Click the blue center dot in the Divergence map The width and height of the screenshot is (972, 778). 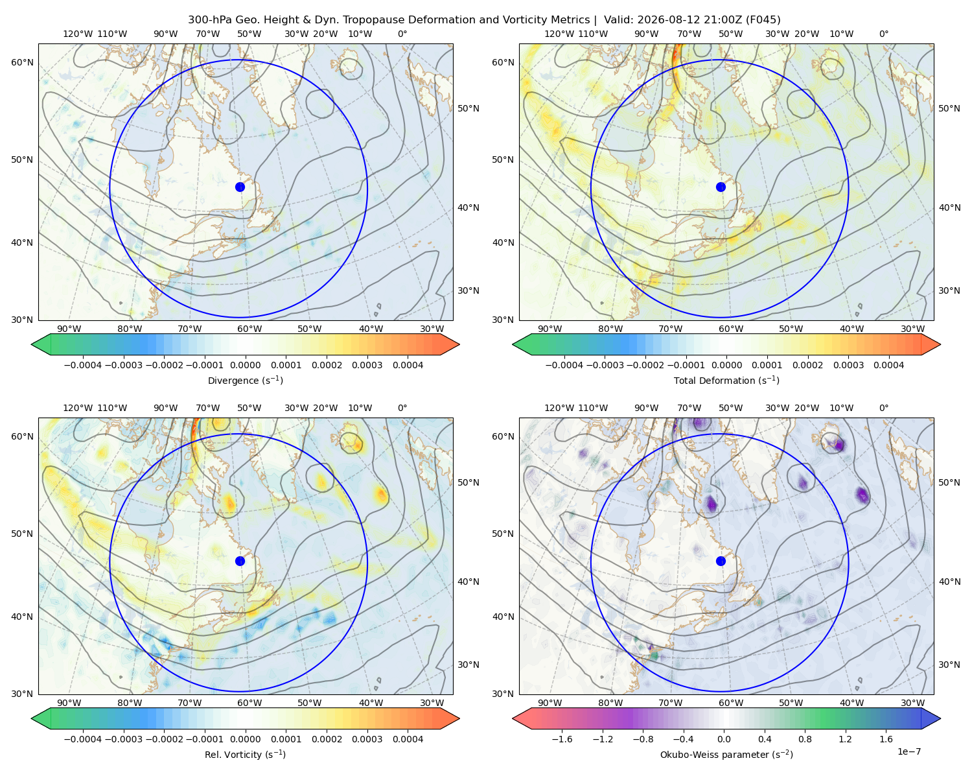coord(240,187)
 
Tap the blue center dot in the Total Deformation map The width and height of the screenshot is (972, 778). coord(721,187)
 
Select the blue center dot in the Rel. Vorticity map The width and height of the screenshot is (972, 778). coord(240,561)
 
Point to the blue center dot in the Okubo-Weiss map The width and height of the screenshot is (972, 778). coord(721,561)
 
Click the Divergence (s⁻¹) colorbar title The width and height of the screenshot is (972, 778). coord(245,380)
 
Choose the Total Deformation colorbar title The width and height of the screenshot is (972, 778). coord(726,380)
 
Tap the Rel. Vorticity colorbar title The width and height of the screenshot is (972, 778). coord(245,754)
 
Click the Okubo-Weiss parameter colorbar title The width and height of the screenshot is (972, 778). coord(726,754)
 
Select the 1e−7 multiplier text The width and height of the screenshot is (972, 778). coord(908,751)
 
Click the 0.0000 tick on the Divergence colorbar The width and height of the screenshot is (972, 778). coord(245,365)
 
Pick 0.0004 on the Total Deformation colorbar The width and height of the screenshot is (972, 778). coord(888,365)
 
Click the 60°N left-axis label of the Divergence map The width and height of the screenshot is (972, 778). coord(22,62)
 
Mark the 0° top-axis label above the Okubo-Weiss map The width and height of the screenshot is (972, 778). coord(883,407)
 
